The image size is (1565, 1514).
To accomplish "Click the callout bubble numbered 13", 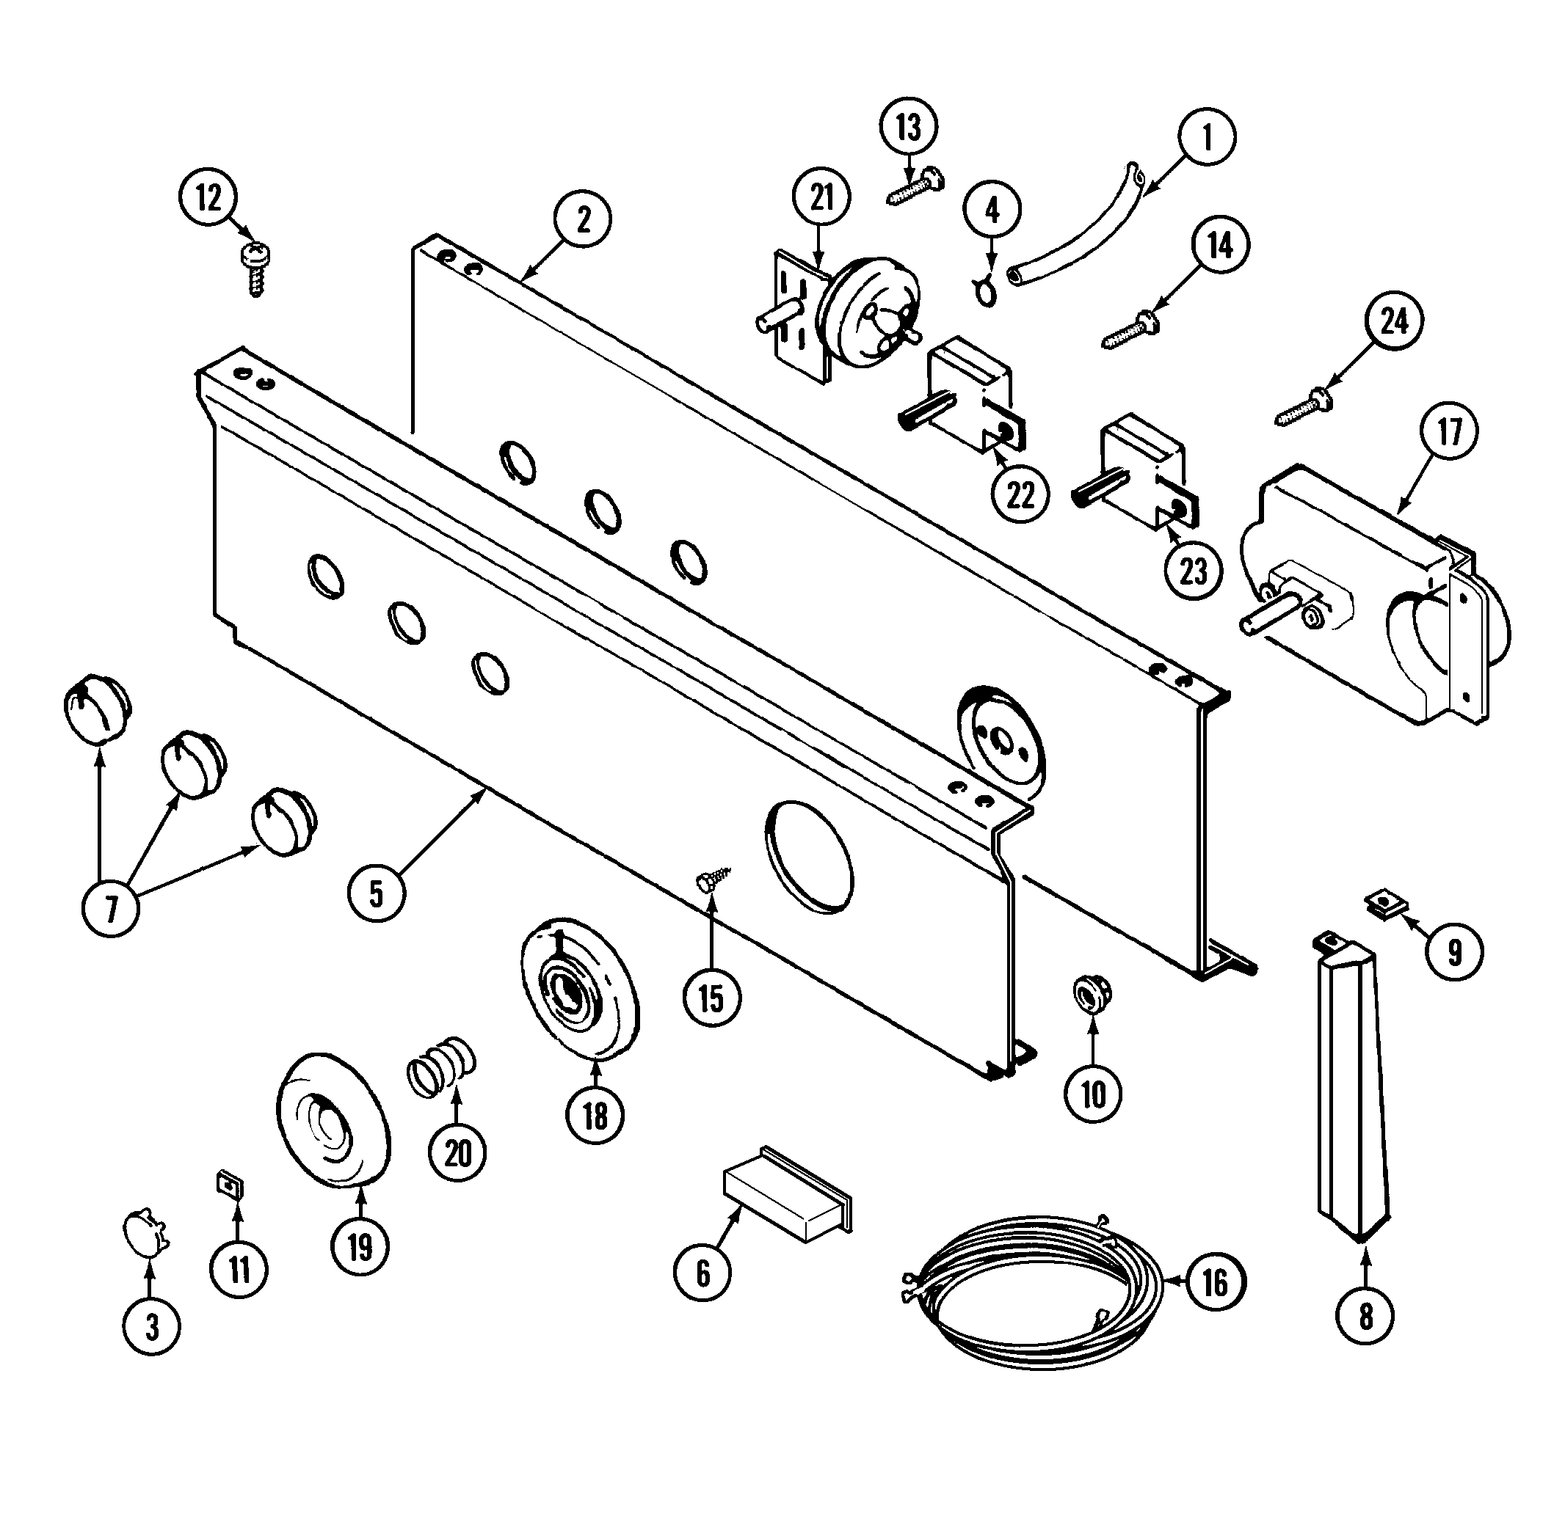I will pyautogui.click(x=909, y=127).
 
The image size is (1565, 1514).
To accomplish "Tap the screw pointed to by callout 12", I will pyautogui.click(x=256, y=269).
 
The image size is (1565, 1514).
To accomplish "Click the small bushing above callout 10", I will pyautogui.click(x=1092, y=995).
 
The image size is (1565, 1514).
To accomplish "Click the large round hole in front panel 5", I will pyautogui.click(x=809, y=855).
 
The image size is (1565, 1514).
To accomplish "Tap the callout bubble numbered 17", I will pyautogui.click(x=1448, y=432).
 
